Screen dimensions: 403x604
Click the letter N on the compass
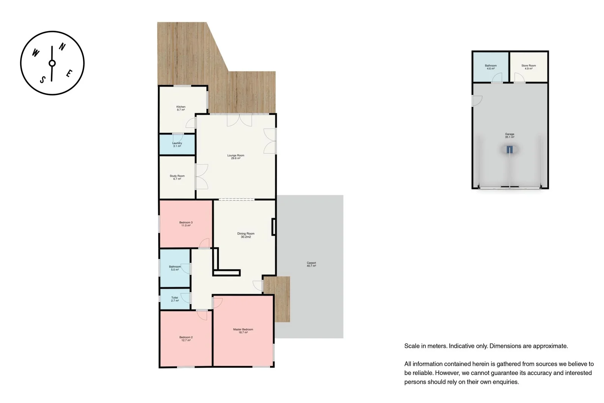click(63, 47)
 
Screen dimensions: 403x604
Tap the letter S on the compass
click(43, 79)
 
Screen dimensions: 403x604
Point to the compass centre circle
click(52, 63)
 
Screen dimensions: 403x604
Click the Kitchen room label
click(181, 108)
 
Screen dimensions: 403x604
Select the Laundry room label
click(177, 144)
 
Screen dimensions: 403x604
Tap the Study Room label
click(177, 177)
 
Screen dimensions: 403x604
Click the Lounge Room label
click(236, 157)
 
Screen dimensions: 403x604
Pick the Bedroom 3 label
click(186, 224)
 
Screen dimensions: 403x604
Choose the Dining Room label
click(246, 235)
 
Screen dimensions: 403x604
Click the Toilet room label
click(175, 299)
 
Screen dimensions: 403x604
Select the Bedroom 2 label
click(186, 339)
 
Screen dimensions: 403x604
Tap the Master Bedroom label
click(243, 331)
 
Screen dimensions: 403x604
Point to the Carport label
click(311, 264)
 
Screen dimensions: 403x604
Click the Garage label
click(510, 135)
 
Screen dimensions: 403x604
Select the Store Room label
click(529, 67)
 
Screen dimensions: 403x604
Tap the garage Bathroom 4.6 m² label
click(491, 67)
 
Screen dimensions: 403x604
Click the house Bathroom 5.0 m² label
click(175, 268)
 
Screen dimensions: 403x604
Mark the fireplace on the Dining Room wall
click(274, 227)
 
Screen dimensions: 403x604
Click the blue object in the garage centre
click(510, 150)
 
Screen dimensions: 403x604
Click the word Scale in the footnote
click(412, 346)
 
